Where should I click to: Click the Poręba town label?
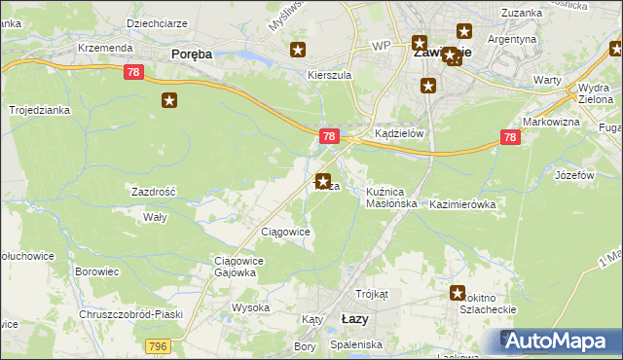(x=191, y=54)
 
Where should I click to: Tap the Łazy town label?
(x=355, y=318)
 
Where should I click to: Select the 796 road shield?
(x=157, y=346)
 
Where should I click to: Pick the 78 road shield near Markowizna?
(x=511, y=138)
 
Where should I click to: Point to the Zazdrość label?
(x=153, y=193)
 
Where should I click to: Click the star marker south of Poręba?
(x=170, y=99)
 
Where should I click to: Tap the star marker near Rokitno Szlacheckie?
(x=457, y=292)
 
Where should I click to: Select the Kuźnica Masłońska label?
(x=391, y=198)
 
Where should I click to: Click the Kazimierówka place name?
(x=462, y=205)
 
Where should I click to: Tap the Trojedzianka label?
(x=40, y=111)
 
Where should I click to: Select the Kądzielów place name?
(x=399, y=135)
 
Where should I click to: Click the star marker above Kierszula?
(x=298, y=50)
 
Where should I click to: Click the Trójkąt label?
(x=372, y=294)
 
